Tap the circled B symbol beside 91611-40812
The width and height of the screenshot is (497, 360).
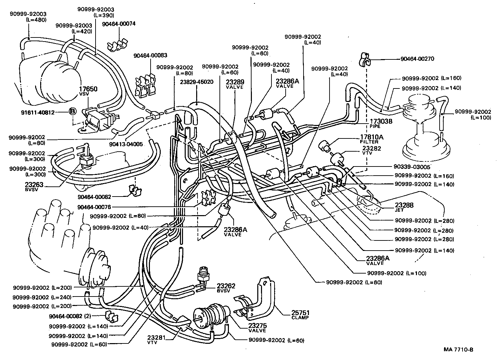72,111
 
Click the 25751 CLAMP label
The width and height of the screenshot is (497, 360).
300,314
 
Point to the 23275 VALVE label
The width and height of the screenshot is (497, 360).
257,327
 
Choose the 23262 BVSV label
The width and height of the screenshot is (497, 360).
226,287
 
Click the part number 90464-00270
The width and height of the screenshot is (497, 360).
417,59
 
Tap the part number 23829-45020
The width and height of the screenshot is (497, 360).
197,82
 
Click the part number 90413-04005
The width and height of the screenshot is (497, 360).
126,144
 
